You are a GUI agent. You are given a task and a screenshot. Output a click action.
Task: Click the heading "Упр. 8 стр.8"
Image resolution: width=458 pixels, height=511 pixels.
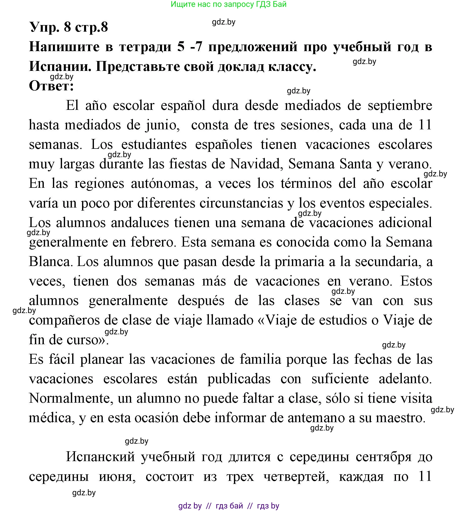[69, 27]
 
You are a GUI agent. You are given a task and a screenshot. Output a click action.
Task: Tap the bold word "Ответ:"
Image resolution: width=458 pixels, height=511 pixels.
[51, 86]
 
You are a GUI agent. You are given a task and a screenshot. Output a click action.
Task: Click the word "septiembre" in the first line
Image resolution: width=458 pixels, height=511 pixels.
[400, 105]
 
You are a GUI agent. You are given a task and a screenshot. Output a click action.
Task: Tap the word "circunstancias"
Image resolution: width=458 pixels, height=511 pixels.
[241, 203]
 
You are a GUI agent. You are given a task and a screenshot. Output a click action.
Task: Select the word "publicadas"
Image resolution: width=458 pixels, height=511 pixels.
[239, 379]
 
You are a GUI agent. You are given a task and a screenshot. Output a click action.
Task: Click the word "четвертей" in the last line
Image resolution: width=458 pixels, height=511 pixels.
[296, 477]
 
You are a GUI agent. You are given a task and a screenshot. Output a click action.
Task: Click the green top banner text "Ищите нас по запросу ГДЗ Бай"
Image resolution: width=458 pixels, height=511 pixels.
[228, 4]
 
